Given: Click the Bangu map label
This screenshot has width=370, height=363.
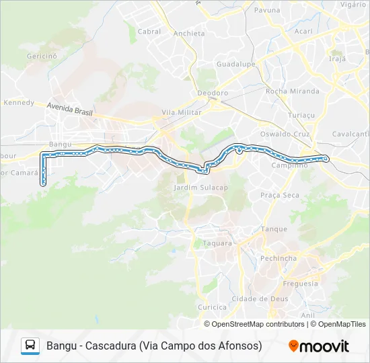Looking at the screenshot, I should point(60,145).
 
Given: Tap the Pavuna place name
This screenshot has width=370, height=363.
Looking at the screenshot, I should point(268,11).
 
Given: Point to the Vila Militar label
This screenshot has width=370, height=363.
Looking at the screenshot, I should point(181,113).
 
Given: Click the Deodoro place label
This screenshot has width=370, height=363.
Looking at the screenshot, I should point(213,93).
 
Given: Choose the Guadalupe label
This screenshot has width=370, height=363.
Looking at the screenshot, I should point(237,64).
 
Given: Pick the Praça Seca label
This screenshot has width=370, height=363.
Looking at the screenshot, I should point(280,195).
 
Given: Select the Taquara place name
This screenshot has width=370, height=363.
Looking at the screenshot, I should point(207,243).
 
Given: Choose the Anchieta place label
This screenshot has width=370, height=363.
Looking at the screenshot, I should point(188,34).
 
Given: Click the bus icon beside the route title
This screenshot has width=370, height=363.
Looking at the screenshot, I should point(30,346).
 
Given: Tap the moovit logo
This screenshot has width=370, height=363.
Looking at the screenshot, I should point(319,346).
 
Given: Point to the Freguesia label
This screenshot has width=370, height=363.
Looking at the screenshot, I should point(300,283).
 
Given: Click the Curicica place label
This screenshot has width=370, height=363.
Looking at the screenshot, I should point(212,307).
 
